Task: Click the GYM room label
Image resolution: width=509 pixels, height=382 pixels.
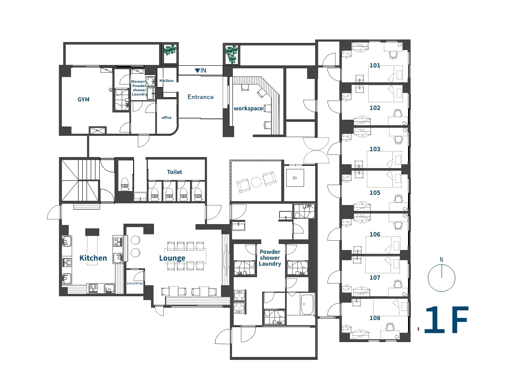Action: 84,99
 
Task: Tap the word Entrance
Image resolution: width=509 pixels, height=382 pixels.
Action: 201,97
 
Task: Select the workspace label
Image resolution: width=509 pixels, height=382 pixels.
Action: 249,108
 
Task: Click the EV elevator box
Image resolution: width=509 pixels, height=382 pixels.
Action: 295,178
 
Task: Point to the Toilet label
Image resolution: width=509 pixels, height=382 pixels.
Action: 175,172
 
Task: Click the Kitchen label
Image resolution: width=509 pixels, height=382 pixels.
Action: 93,258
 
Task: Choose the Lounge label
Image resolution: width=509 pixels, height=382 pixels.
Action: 172,258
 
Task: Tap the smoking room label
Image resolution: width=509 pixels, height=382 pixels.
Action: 135,283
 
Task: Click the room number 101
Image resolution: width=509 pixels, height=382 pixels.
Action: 375,65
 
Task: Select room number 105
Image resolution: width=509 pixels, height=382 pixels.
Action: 375,193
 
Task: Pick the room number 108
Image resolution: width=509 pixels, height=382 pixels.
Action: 375,318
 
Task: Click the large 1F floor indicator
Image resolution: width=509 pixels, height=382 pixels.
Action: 446,319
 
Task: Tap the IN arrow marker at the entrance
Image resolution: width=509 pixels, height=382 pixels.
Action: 200,70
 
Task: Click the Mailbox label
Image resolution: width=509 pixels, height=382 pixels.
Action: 167,81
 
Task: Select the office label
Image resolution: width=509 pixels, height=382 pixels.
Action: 167,118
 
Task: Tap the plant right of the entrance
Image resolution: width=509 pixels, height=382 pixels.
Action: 232,54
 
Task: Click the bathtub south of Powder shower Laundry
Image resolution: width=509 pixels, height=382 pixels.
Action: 307,304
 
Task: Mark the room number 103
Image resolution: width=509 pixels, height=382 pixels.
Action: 375,149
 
